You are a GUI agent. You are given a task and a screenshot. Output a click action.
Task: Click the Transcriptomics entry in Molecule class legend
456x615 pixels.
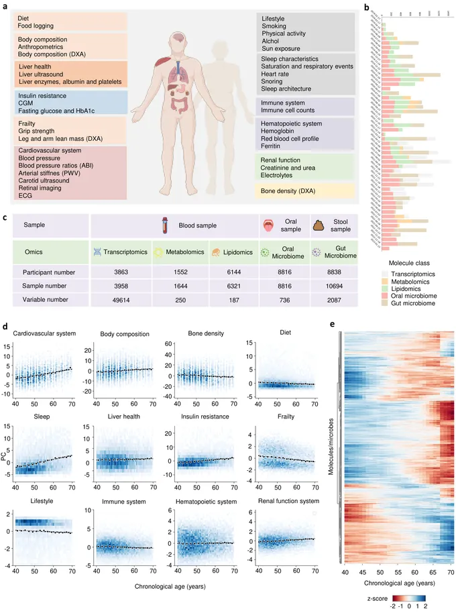coord(411,274)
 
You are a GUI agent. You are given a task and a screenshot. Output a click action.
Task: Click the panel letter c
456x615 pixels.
coord(5,217)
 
